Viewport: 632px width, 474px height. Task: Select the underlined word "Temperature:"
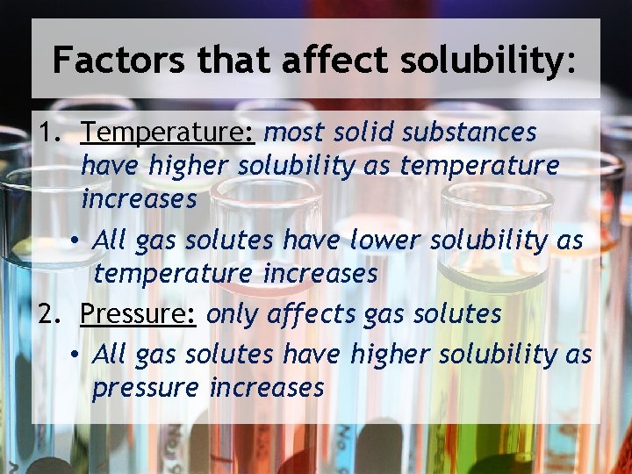[x=168, y=133]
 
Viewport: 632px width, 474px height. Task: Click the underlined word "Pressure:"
[x=138, y=313]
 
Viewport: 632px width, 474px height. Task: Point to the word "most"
[x=291, y=133]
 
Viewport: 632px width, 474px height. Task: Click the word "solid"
[x=360, y=133]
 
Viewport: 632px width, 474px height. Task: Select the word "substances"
[x=470, y=133]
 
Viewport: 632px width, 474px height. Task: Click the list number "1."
[x=50, y=133]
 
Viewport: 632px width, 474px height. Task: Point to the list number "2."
[x=50, y=314]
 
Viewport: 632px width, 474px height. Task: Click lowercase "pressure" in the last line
[x=146, y=388]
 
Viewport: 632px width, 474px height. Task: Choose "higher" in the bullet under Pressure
[x=391, y=354]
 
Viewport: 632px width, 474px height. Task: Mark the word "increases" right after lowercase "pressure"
[x=268, y=387]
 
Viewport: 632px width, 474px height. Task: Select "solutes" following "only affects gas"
[x=456, y=314]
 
